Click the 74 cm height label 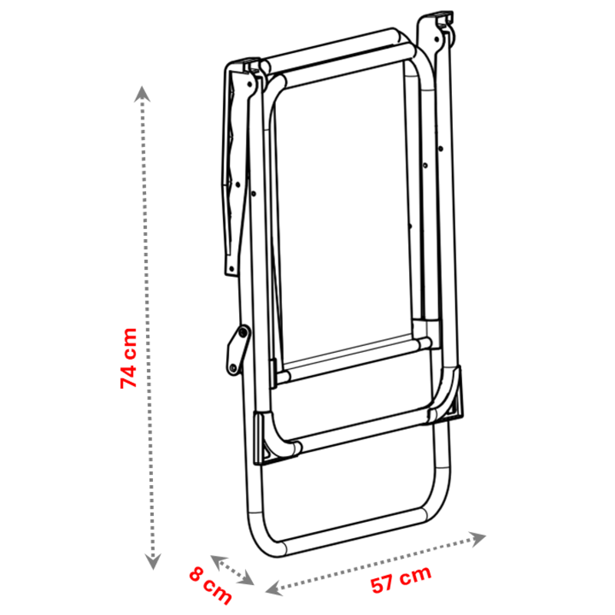(128, 358)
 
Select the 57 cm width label (401, 580)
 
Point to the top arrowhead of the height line (141, 94)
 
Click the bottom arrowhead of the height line (153, 562)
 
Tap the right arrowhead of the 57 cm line (477, 539)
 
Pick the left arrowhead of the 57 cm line (274, 588)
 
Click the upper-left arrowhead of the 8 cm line (219, 562)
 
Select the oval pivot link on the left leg (238, 350)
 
